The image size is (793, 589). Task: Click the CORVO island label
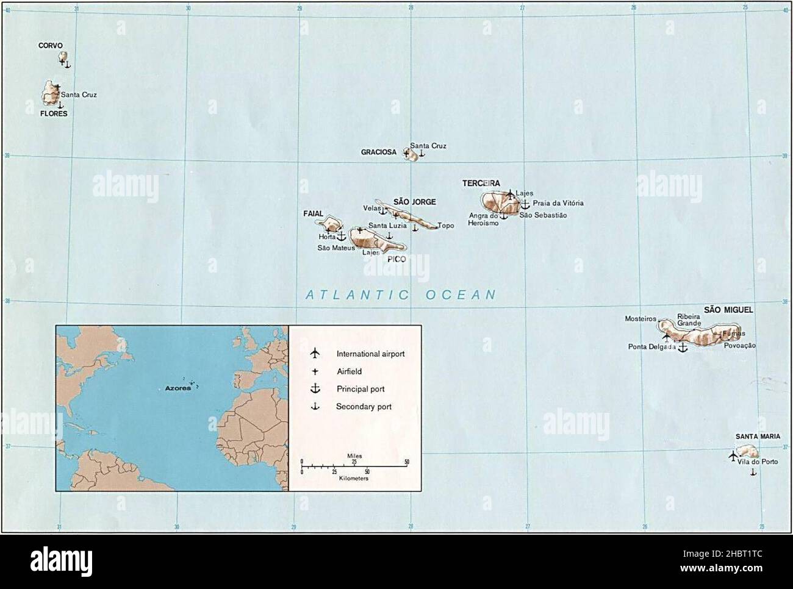51,45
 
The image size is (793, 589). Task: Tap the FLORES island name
54,113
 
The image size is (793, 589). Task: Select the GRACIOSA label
378,152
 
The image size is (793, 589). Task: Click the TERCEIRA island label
481,183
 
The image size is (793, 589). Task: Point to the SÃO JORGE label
415,202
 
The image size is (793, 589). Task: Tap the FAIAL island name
313,214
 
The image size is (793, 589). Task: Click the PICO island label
396,259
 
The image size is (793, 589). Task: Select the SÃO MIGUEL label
728,310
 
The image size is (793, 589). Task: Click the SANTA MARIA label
757,437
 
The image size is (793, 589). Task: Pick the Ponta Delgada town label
651,347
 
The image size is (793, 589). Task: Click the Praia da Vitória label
558,203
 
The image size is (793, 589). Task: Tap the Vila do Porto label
757,462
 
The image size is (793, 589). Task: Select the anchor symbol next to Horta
341,235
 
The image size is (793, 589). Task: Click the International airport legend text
370,354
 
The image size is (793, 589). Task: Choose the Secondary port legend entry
364,407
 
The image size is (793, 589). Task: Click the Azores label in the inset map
178,388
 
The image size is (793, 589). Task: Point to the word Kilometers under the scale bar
354,479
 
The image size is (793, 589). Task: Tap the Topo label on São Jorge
446,226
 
